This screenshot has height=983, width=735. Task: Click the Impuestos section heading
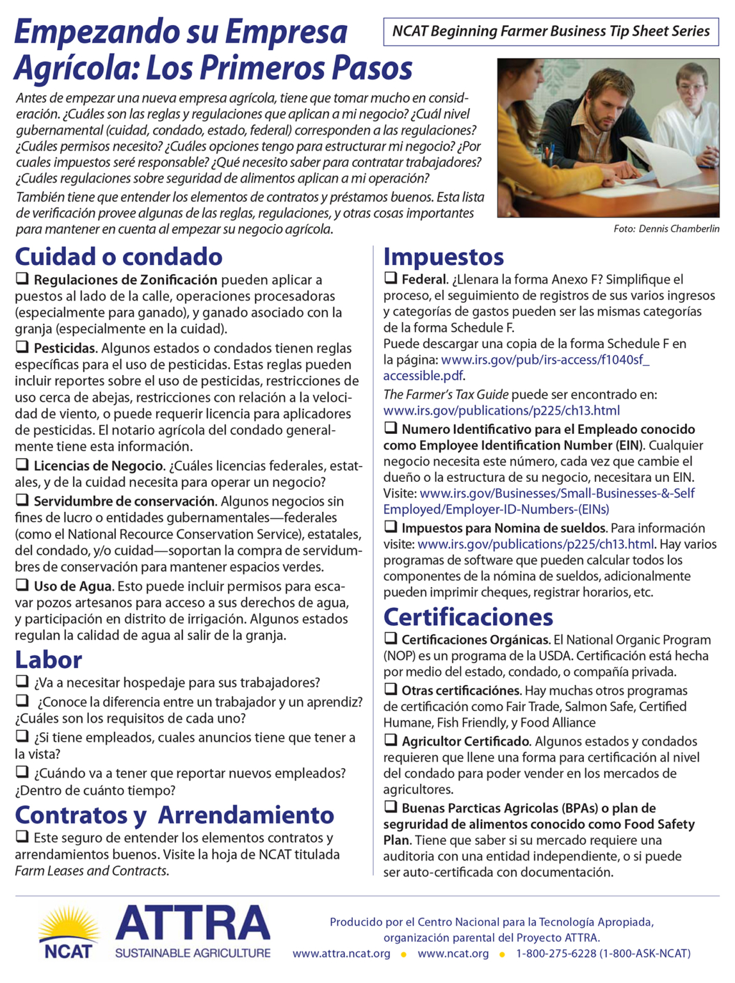pos(443,257)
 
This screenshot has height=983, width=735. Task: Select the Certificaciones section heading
pos(468,617)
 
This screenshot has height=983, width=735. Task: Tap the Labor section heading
pos(49,660)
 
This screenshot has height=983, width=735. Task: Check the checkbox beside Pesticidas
pos(22,347)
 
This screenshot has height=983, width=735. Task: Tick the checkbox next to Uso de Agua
pos(22,585)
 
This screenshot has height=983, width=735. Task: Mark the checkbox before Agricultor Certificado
pos(391,740)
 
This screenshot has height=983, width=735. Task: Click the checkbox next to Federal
pos(391,278)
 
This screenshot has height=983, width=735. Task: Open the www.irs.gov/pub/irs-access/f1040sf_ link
pos(545,360)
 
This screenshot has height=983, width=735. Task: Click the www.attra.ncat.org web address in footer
pos(341,954)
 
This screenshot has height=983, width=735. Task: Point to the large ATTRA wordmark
pos(193,924)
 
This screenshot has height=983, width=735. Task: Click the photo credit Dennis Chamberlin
pos(666,228)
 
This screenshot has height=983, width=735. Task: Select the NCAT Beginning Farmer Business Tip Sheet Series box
pos(551,31)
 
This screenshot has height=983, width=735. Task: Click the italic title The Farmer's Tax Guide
pos(446,394)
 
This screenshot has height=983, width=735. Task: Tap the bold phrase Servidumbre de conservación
pos(124,501)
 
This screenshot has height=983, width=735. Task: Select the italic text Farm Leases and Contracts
pos(91,871)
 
